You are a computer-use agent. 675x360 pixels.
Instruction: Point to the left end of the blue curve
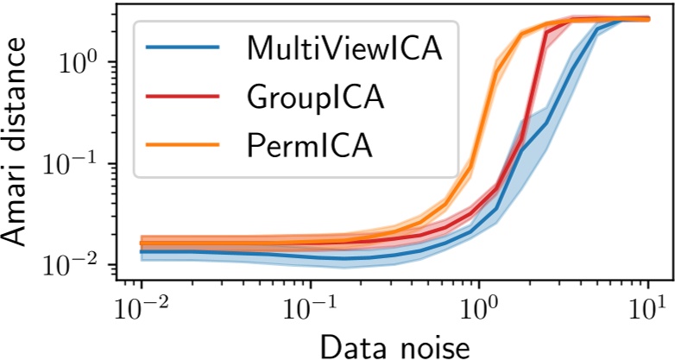coord(142,252)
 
